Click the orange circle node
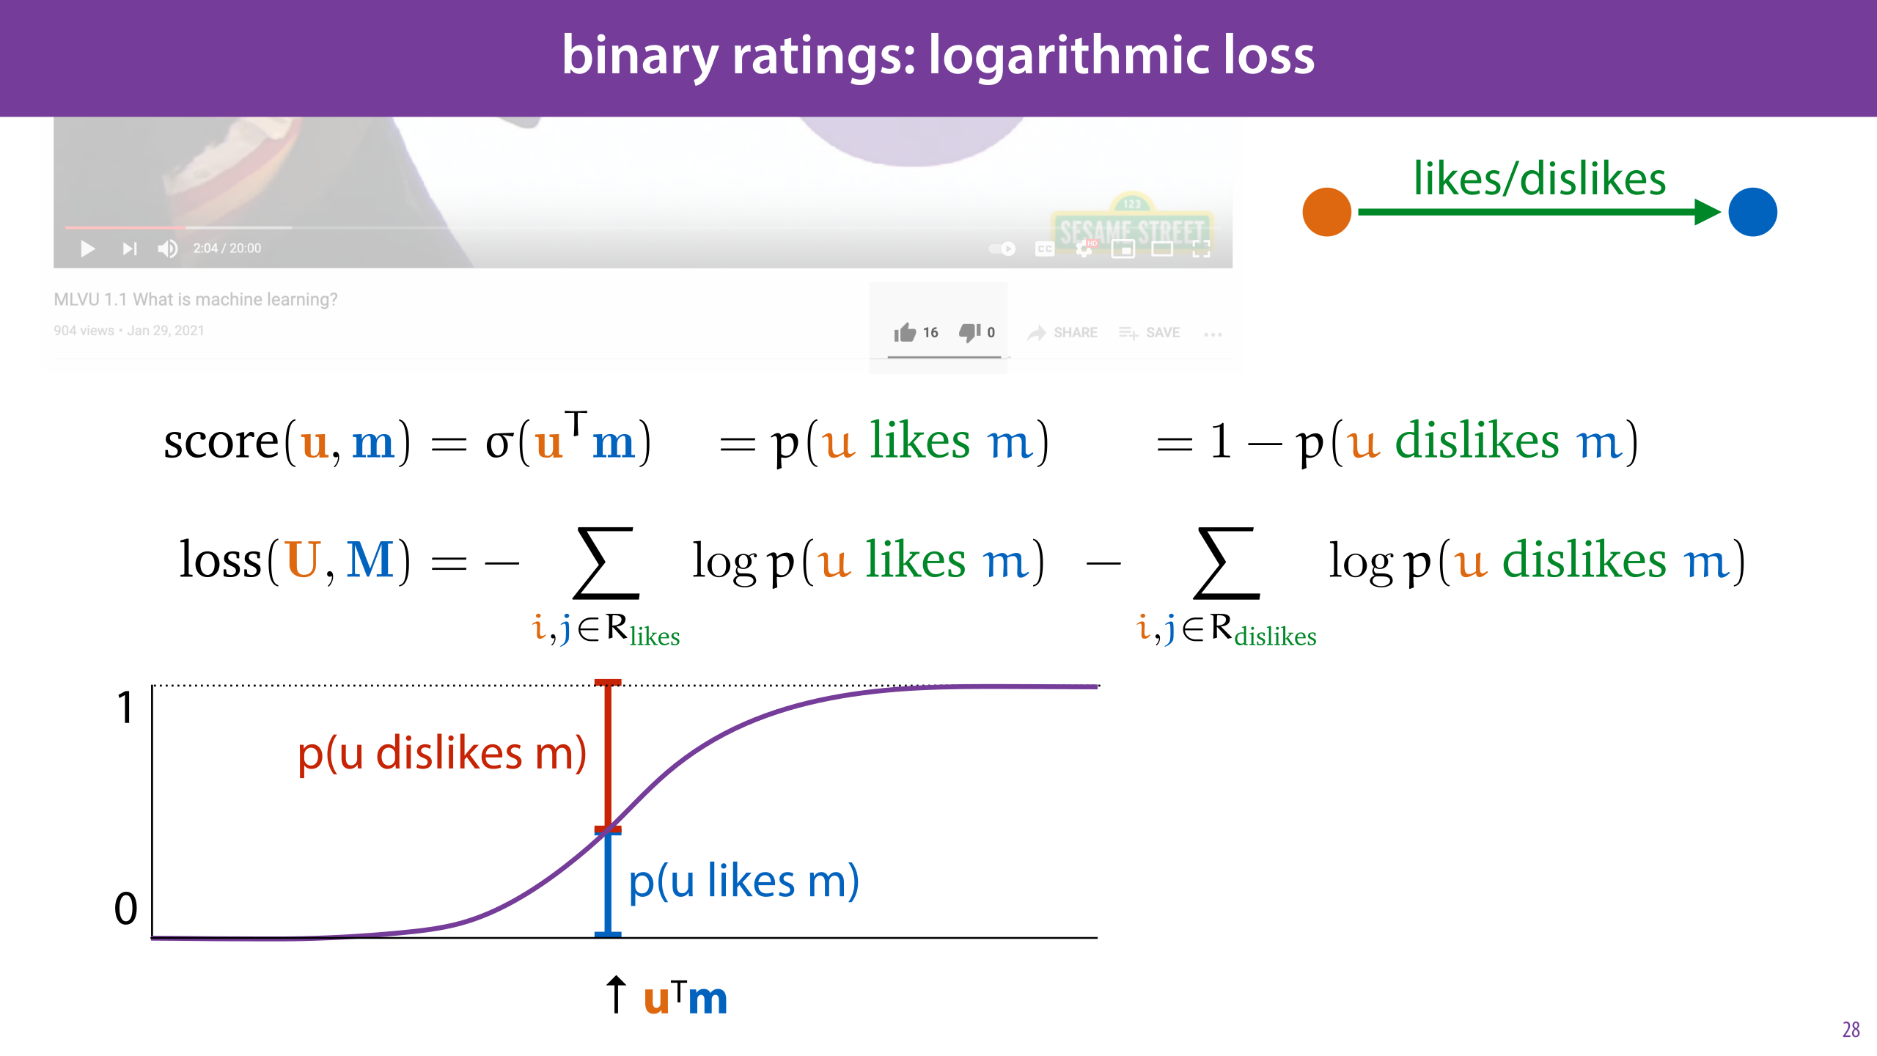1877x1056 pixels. click(1326, 212)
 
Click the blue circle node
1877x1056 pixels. click(1752, 212)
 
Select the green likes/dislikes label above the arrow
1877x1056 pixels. click(1539, 178)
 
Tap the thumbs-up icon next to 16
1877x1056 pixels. click(905, 333)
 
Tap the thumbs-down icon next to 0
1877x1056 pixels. click(969, 333)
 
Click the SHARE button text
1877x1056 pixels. click(1075, 333)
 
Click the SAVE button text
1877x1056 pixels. click(1162, 333)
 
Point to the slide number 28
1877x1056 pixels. click(1851, 1030)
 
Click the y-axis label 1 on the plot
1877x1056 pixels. click(126, 708)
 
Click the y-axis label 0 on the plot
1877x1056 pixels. click(126, 909)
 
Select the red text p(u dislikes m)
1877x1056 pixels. click(442, 753)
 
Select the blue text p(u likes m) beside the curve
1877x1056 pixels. click(743, 881)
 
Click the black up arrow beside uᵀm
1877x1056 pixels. click(616, 994)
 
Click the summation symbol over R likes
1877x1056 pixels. click(606, 562)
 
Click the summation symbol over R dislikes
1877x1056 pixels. click(1227, 562)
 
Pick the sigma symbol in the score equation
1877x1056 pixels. click(499, 443)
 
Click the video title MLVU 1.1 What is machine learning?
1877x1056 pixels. click(196, 299)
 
